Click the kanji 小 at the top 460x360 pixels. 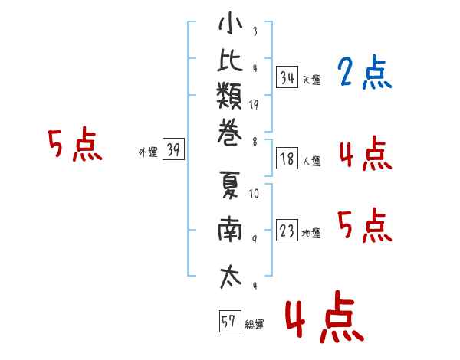click(231, 24)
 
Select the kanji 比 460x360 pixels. click(230, 60)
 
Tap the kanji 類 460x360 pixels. click(230, 96)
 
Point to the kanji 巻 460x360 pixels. click(230, 133)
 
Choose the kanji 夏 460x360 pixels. click(230, 185)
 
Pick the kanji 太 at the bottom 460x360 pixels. click(231, 277)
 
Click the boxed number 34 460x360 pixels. click(287, 77)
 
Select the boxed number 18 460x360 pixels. click(287, 159)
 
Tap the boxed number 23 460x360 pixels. click(287, 230)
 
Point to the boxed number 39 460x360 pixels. click(173, 149)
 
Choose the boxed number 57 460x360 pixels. click(230, 321)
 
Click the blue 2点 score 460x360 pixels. click(364, 72)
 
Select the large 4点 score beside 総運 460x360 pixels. click(324, 318)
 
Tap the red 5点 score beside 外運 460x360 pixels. click(75, 144)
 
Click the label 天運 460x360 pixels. click(312, 80)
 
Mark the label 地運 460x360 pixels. click(311, 234)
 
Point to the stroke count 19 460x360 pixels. click(254, 105)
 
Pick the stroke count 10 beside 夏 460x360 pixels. click(254, 194)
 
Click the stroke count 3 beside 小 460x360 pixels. click(255, 31)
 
